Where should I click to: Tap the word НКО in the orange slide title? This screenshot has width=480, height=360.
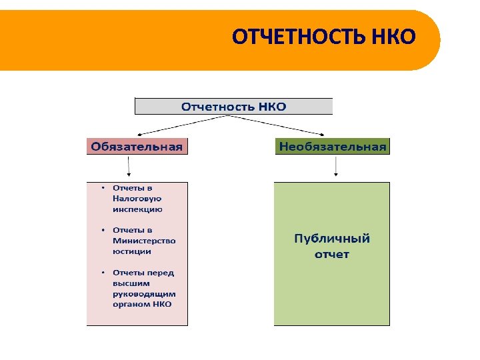pyautogui.click(x=397, y=37)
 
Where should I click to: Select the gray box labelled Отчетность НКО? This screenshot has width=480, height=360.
pyautogui.click(x=233, y=106)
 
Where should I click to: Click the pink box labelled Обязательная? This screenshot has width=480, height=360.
pyautogui.click(x=137, y=147)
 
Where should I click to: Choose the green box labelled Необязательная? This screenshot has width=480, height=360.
pyautogui.click(x=332, y=147)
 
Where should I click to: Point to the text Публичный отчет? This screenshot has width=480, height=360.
pyautogui.click(x=332, y=246)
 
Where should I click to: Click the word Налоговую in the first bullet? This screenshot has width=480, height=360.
pyautogui.click(x=137, y=199)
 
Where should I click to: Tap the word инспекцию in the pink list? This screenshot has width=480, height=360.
pyautogui.click(x=137, y=209)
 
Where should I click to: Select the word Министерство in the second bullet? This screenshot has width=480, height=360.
pyautogui.click(x=144, y=241)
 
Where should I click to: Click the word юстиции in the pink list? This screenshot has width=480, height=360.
pyautogui.click(x=132, y=251)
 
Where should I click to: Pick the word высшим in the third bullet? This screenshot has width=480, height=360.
pyautogui.click(x=128, y=283)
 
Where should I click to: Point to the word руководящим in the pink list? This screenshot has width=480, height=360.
pyautogui.click(x=144, y=293)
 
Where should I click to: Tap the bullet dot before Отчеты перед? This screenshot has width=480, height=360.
pyautogui.click(x=102, y=273)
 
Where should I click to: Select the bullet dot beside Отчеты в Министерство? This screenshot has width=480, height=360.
pyautogui.click(x=102, y=230)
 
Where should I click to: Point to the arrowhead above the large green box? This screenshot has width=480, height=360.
pyautogui.click(x=336, y=175)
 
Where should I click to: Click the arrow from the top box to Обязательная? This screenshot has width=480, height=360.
pyautogui.click(x=180, y=125)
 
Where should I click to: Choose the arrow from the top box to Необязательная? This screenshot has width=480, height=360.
pyautogui.click(x=280, y=125)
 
